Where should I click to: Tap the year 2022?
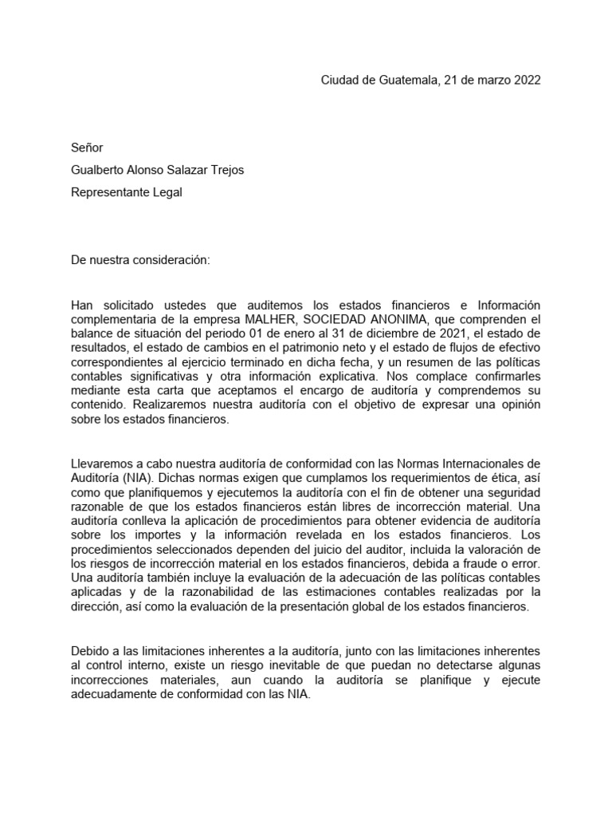pos(525,80)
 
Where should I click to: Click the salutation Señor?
pos(87,148)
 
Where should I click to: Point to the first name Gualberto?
pos(100,170)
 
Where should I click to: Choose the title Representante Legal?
pos(127,192)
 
